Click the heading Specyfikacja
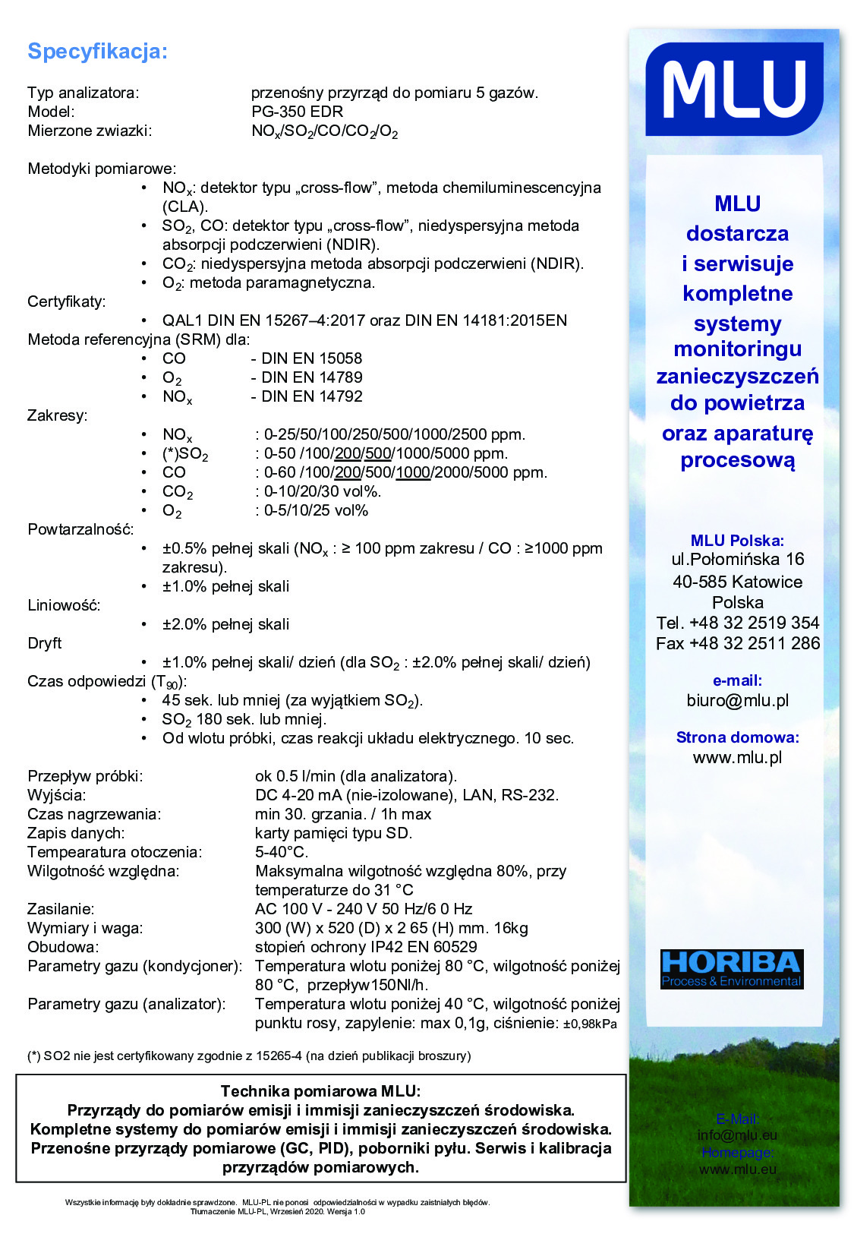click(97, 52)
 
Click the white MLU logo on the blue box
click(734, 89)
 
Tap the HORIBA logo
click(731, 969)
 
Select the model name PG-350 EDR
click(297, 112)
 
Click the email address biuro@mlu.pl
click(737, 700)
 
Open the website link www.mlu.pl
click(737, 757)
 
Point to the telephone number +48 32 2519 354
click(754, 623)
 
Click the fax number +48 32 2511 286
click(755, 643)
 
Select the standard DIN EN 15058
click(311, 358)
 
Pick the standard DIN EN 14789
click(311, 377)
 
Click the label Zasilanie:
click(61, 909)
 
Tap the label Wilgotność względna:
click(103, 871)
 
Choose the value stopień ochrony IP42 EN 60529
click(366, 947)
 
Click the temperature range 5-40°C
click(282, 852)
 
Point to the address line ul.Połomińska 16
click(737, 560)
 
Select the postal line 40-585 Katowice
click(737, 582)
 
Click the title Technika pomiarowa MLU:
click(320, 1091)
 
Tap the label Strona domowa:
click(737, 737)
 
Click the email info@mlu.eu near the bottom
click(737, 1135)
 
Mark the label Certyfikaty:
click(67, 301)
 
